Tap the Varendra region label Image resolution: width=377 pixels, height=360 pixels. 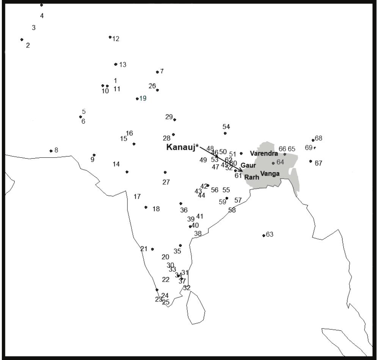click(264, 154)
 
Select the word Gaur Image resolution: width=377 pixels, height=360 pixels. click(248, 165)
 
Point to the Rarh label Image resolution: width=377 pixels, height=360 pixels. click(251, 177)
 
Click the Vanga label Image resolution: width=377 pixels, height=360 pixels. click(270, 173)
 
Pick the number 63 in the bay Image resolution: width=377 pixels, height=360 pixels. click(269, 234)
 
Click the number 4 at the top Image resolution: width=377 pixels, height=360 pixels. click(42, 16)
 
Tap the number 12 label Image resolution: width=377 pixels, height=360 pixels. click(116, 39)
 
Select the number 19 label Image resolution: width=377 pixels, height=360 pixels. click(143, 99)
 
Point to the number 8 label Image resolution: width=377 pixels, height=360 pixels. click(56, 150)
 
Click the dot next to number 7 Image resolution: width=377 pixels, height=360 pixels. click(157, 72)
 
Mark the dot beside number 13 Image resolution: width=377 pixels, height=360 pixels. click(115, 64)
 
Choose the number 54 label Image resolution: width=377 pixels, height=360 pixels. click(226, 127)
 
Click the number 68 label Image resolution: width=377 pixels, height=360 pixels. click(318, 138)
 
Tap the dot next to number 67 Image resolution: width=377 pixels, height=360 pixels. click(311, 161)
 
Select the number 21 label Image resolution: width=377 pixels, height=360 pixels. click(144, 249)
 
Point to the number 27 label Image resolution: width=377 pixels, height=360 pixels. click(166, 182)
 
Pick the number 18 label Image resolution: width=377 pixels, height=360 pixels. click(156, 209)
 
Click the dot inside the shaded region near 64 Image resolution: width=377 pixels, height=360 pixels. click(273, 163)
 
